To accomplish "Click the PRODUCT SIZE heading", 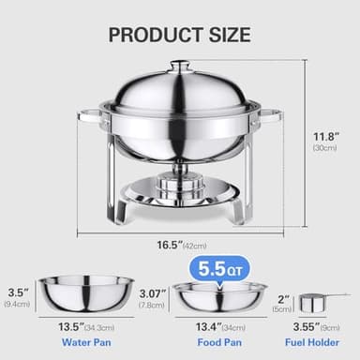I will (x=180, y=36).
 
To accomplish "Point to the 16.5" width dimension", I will (x=170, y=246).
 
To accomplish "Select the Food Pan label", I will (x=220, y=342).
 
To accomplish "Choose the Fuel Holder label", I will (x=314, y=342).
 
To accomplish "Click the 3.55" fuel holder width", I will (x=314, y=326).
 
